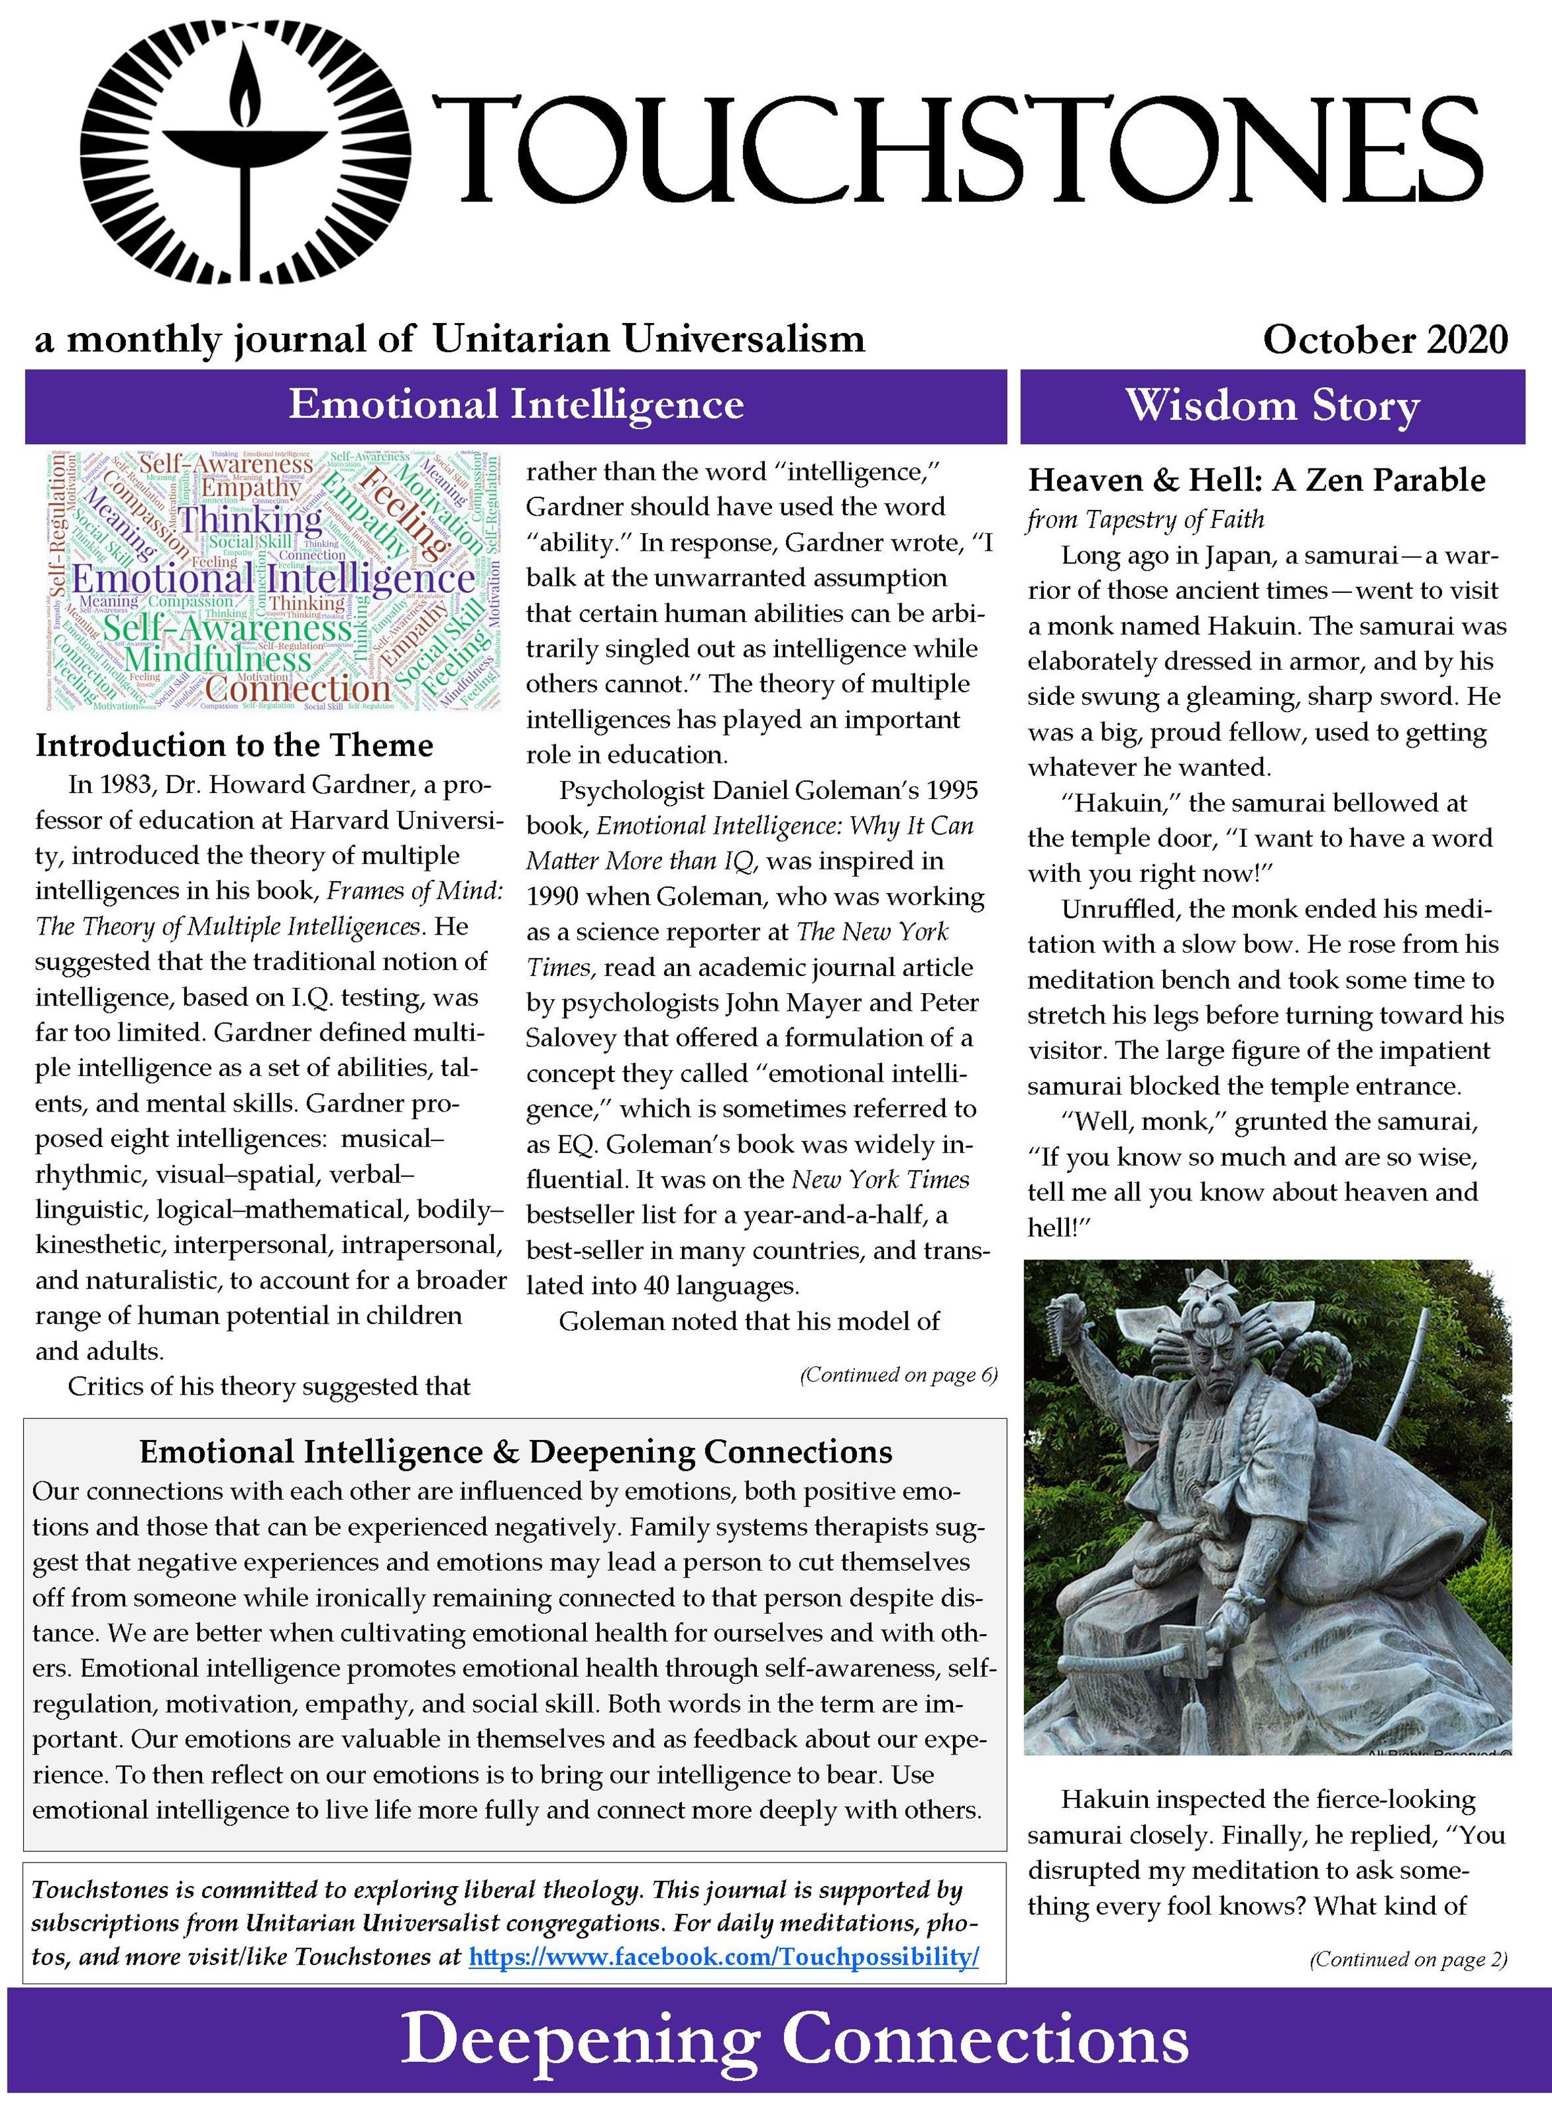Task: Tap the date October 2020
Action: (1385, 339)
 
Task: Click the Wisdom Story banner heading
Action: (1272, 406)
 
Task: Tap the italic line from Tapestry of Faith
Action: (1145, 519)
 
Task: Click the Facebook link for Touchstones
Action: (723, 1957)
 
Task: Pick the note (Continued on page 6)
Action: (898, 1375)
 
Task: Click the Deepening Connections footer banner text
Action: (794, 2040)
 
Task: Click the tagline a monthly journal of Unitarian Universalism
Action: (449, 339)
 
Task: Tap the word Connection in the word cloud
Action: (296, 688)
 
